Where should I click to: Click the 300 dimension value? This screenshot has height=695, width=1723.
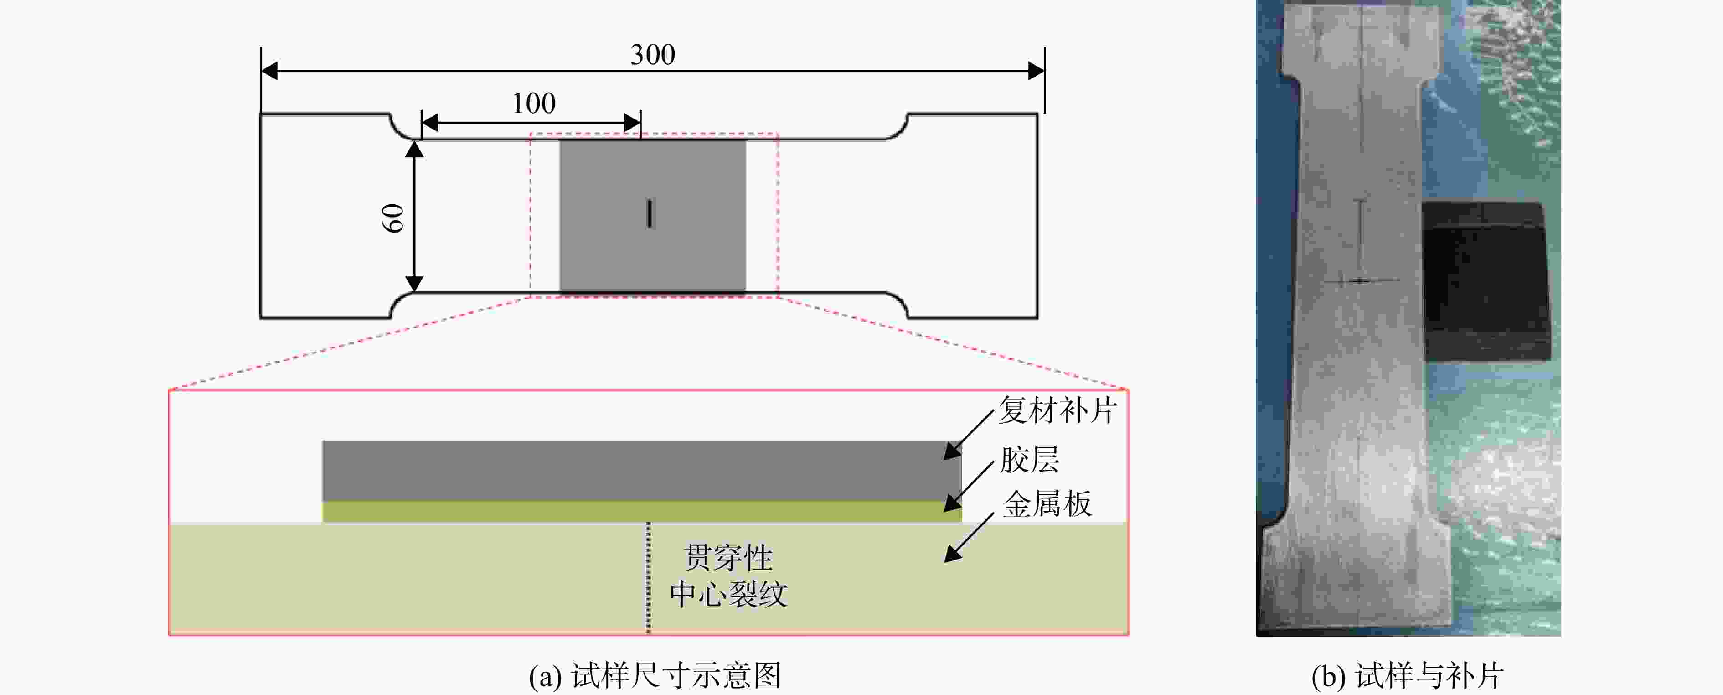tap(653, 54)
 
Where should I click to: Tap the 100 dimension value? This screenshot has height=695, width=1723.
tap(534, 104)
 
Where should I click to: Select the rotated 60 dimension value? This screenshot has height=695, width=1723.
tap(392, 218)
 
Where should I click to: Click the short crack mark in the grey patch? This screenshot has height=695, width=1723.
tap(649, 213)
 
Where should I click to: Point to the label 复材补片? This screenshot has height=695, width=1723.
tap(1058, 410)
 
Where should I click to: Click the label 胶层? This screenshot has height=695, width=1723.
tap(1029, 460)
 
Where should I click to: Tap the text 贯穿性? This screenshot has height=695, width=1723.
tap(728, 557)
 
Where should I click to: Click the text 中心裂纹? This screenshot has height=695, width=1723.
tap(728, 594)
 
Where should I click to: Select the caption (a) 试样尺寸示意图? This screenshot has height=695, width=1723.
tap(655, 675)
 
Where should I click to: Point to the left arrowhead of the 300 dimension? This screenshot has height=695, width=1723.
tap(269, 70)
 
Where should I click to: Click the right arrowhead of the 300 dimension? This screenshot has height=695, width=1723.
tap(1036, 70)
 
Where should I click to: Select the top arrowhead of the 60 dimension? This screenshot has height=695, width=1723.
tap(415, 149)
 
